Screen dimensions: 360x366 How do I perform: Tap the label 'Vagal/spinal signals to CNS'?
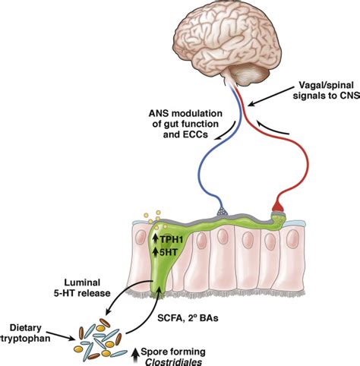(326, 90)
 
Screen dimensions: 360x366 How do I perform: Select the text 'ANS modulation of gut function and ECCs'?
(185, 124)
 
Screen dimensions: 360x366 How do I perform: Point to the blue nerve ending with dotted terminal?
(222, 210)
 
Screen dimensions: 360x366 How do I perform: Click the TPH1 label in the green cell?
(172, 239)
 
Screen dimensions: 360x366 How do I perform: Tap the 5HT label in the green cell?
(168, 252)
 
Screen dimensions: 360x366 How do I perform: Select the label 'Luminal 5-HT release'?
(82, 288)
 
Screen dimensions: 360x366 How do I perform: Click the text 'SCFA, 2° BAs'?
(188, 317)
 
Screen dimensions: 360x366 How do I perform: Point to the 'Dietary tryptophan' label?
(25, 333)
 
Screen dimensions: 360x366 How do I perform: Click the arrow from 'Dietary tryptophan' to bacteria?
(62, 335)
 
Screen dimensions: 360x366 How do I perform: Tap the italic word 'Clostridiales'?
(174, 361)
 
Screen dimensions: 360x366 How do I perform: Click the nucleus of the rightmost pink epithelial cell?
(292, 239)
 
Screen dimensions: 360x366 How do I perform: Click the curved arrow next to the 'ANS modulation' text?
(226, 132)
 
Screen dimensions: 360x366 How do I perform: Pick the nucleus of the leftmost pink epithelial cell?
(141, 238)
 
